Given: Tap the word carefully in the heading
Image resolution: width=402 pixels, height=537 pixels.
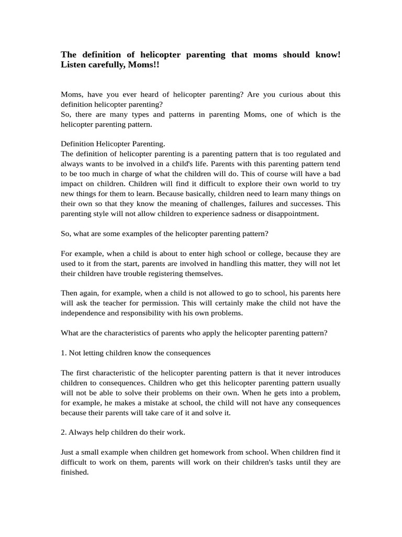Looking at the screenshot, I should [x=107, y=65].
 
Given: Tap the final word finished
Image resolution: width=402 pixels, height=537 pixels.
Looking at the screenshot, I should [x=74, y=472].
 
